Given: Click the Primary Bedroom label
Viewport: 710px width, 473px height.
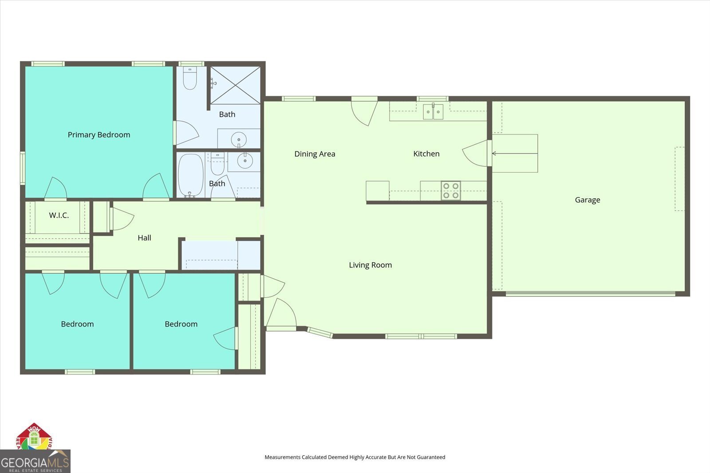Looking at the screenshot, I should [99, 134].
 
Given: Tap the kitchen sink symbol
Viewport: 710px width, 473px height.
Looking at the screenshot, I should [433, 111].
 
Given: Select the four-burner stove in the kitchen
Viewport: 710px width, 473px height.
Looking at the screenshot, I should [451, 191].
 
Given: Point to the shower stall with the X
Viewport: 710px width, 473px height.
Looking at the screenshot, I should [235, 85].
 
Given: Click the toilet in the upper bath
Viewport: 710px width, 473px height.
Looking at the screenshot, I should [190, 78].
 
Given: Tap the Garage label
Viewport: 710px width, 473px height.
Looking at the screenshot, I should [588, 200].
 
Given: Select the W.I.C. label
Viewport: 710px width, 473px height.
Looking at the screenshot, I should [59, 215].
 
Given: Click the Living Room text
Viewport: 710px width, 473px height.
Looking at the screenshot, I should [370, 265].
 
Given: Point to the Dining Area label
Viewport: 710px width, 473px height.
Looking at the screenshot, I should [315, 154].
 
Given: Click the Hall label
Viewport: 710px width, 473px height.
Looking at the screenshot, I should [144, 238].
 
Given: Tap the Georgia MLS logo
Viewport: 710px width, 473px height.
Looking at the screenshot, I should [35, 461].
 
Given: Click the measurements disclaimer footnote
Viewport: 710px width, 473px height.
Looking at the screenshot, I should [355, 457].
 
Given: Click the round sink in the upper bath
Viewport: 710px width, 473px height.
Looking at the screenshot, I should [239, 139].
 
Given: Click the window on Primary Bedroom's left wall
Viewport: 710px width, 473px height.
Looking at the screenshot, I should [23, 168].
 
